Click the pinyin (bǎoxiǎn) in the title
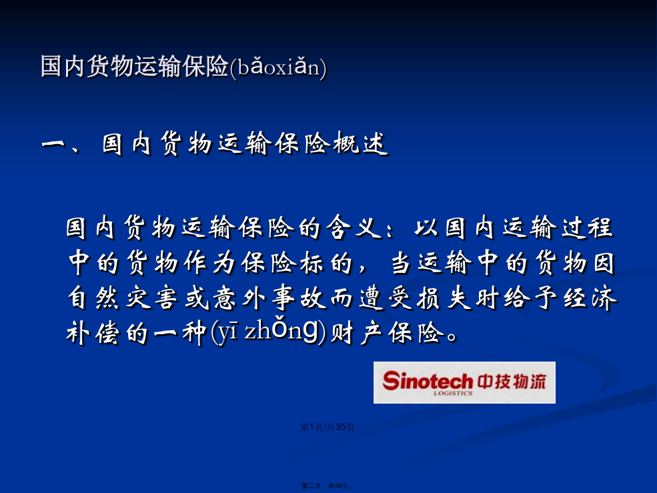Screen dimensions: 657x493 coord(277,67)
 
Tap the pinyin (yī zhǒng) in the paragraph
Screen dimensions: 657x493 coord(269,334)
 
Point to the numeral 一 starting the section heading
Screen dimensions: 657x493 coord(53,145)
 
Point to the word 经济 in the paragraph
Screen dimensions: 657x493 coord(590,298)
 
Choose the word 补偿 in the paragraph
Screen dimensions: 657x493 coord(93,334)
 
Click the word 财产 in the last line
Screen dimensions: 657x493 coord(356,334)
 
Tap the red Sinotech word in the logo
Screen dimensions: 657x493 coord(428,381)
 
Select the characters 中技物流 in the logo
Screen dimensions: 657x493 coord(511,382)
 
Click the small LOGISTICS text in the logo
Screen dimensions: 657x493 coord(453,393)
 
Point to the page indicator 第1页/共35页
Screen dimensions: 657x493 coord(327,427)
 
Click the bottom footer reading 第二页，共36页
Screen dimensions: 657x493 coord(327,486)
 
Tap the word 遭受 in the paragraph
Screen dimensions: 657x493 coord(386,298)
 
